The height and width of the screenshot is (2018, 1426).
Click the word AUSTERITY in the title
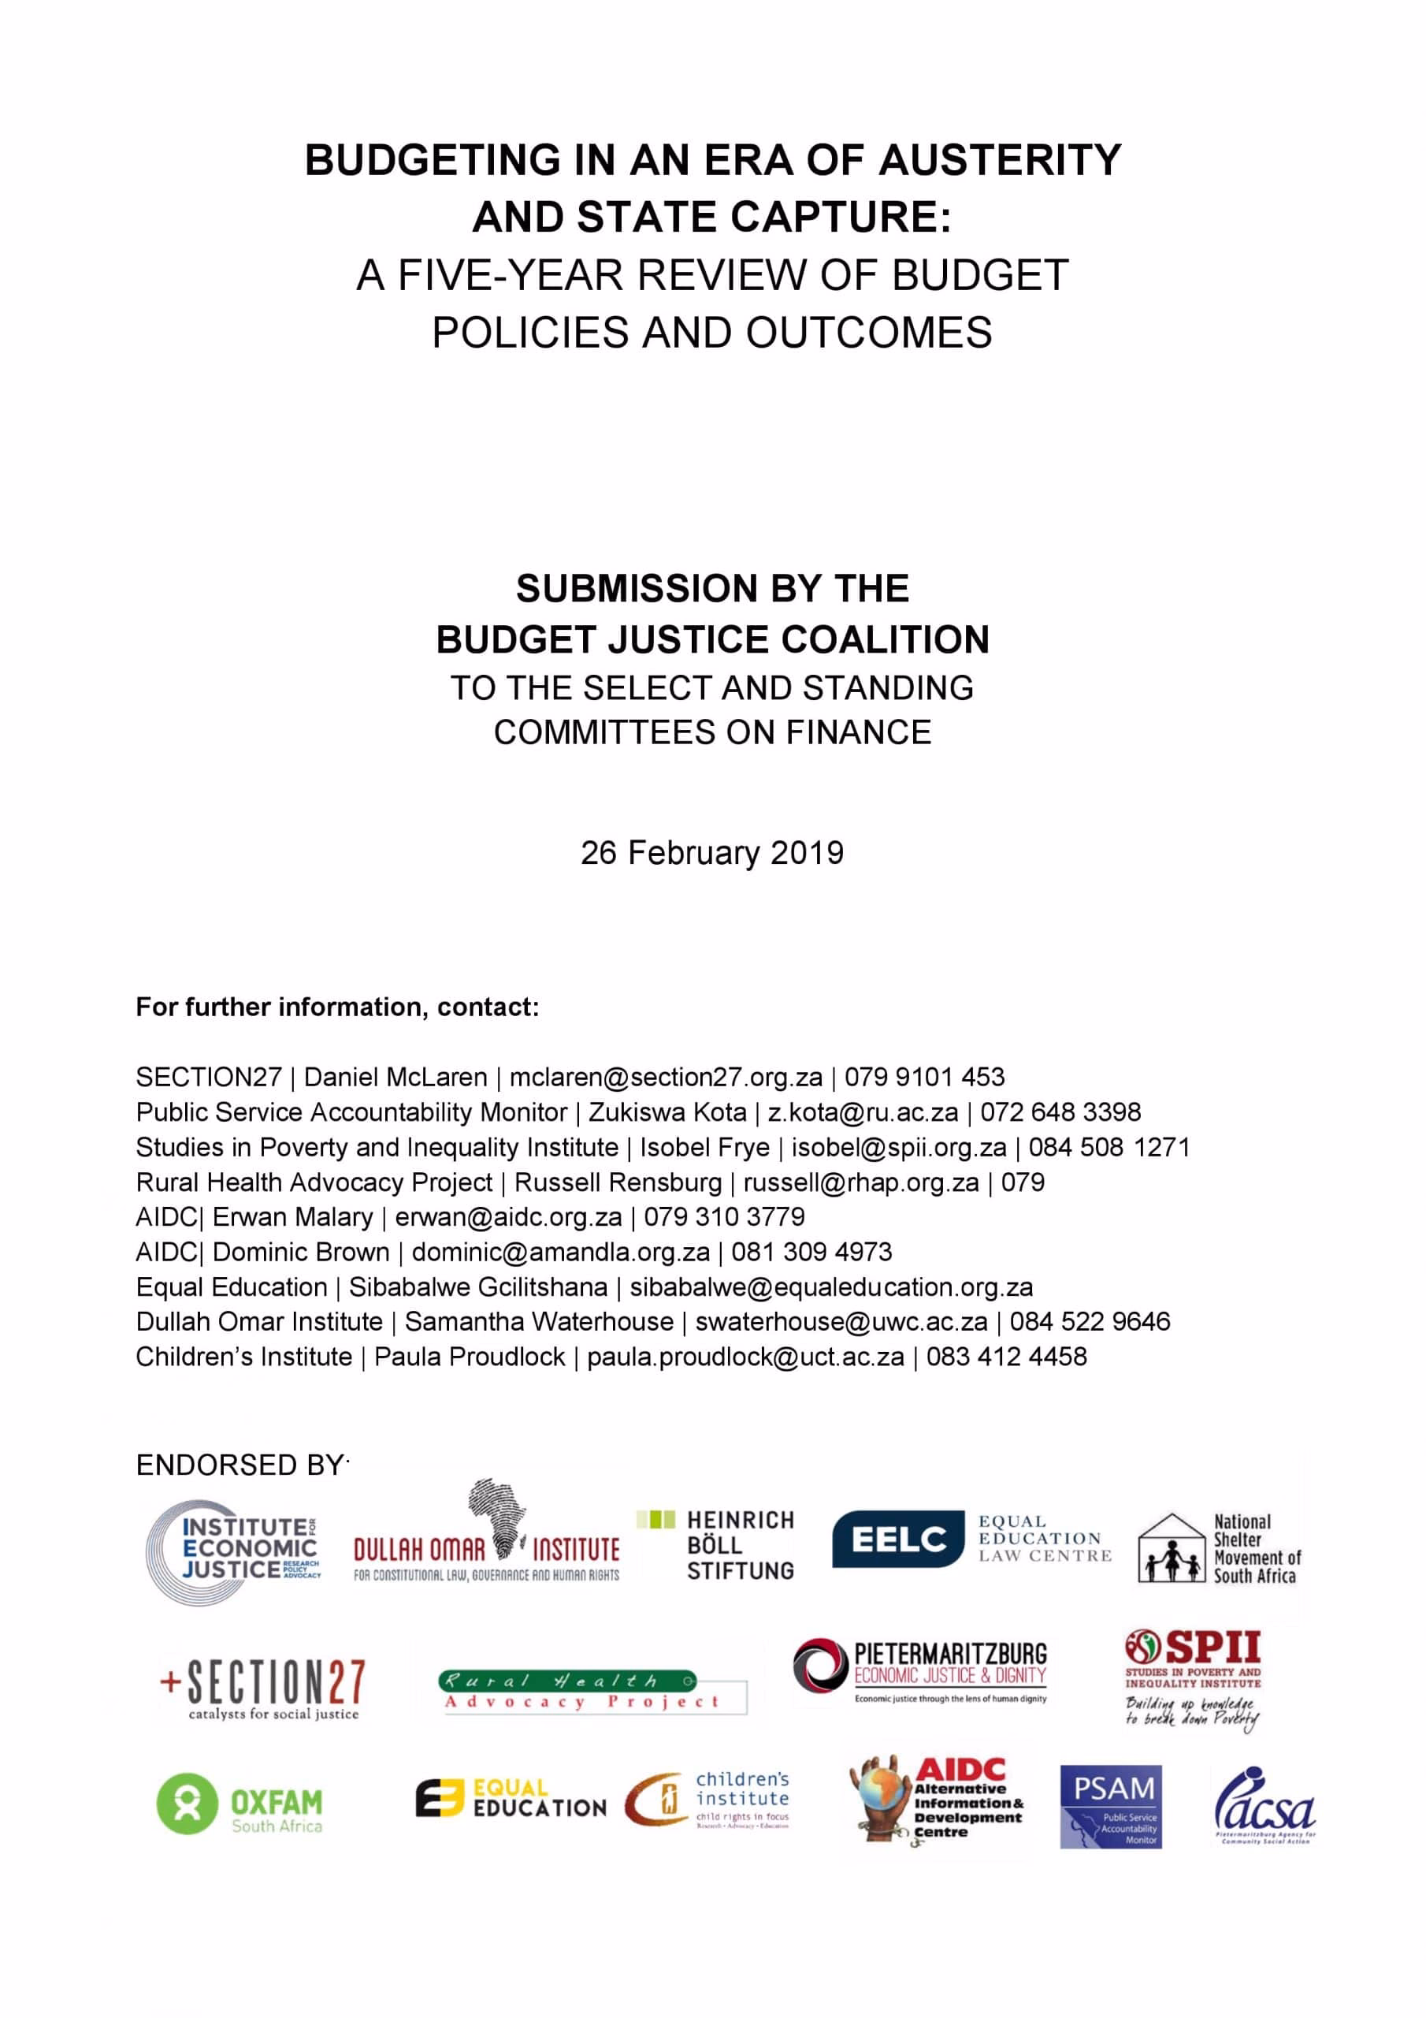[1000, 160]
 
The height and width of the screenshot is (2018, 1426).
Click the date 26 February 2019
[711, 853]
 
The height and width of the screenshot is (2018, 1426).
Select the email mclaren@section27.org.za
[665, 1077]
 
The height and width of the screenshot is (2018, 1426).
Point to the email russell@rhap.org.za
[860, 1182]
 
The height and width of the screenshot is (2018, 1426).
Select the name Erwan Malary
[292, 1216]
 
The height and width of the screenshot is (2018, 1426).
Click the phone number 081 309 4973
[811, 1252]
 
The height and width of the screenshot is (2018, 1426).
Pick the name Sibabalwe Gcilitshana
[478, 1286]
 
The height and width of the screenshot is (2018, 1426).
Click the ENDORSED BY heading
[240, 1465]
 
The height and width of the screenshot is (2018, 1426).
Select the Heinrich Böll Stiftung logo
[716, 1545]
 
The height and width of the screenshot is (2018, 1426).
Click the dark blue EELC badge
[897, 1539]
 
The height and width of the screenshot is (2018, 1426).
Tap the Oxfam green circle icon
[186, 1804]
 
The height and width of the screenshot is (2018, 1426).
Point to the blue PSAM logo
[1111, 1806]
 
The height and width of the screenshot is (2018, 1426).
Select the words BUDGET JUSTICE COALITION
[711, 640]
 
